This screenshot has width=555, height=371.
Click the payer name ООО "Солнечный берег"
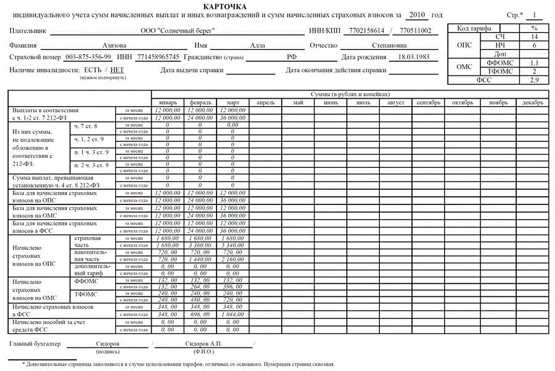pyautogui.click(x=178, y=30)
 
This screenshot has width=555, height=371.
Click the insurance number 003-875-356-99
pyautogui.click(x=88, y=57)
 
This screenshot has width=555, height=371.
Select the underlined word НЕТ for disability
pyautogui.click(x=117, y=70)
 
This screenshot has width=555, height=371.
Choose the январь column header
pyautogui.click(x=168, y=102)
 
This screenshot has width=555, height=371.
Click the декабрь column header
pyautogui.click(x=533, y=102)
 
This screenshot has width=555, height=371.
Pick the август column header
pyautogui.click(x=395, y=102)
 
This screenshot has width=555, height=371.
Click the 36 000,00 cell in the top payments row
pyautogui.click(x=232, y=116)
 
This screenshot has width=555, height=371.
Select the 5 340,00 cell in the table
pyautogui.click(x=232, y=245)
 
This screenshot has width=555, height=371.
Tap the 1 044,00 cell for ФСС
pyautogui.click(x=232, y=315)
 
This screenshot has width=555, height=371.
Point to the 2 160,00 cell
pyautogui.click(x=232, y=259)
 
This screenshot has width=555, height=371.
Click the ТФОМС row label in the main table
pyautogui.click(x=86, y=294)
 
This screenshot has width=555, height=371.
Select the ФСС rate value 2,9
pyautogui.click(x=534, y=80)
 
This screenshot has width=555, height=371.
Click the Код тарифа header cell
pyautogui.click(x=474, y=28)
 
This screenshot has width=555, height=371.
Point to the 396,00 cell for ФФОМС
pyautogui.click(x=232, y=286)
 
